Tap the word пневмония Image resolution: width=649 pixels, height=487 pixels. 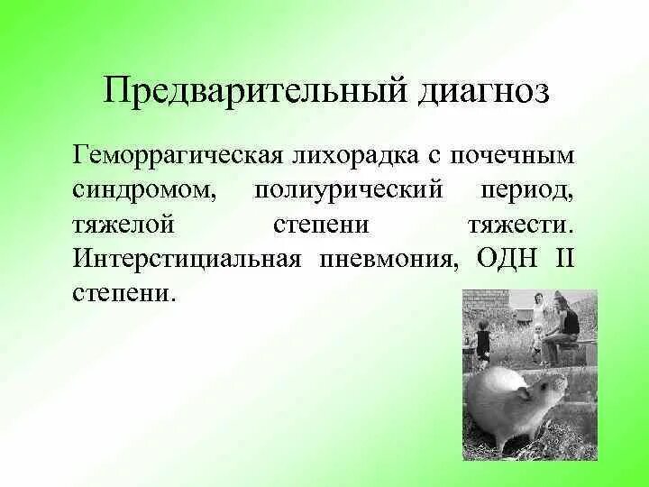pos(388,259)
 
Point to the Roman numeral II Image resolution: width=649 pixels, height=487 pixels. pos(564,259)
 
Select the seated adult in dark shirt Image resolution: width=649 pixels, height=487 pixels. pos(569,325)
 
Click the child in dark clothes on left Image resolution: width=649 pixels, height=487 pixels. pos(484,340)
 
